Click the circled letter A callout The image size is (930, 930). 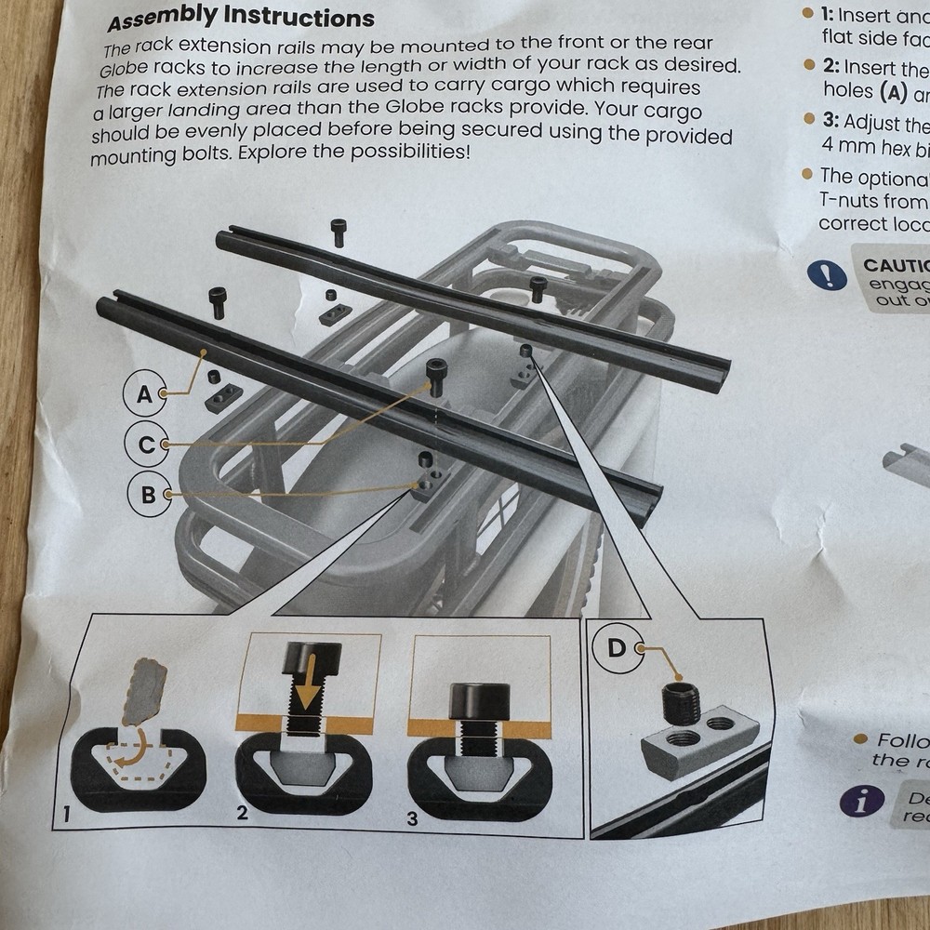pyautogui.click(x=144, y=394)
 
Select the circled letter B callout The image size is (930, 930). pyautogui.click(x=148, y=495)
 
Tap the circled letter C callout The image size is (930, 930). pyautogui.click(x=146, y=445)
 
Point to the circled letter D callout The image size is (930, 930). pyautogui.click(x=617, y=648)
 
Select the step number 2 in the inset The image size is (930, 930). pyautogui.click(x=242, y=815)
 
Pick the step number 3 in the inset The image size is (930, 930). pyautogui.click(x=413, y=819)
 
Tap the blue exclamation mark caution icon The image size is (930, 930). pyautogui.click(x=826, y=274)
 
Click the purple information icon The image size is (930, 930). pyautogui.click(x=861, y=800)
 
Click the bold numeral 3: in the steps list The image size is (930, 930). pyautogui.click(x=831, y=122)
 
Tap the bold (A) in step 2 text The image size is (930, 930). pyautogui.click(x=888, y=92)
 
